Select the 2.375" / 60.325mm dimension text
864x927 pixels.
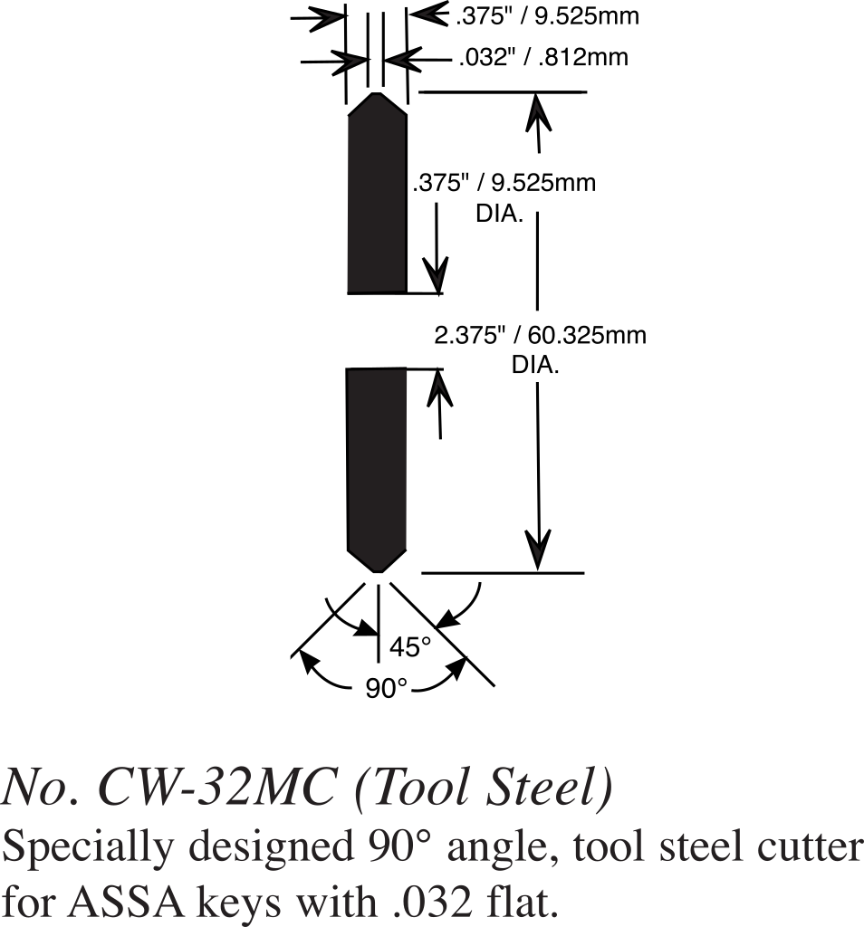[x=541, y=336]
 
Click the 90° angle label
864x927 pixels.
[x=387, y=689]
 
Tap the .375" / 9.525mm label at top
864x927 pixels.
[x=549, y=15]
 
